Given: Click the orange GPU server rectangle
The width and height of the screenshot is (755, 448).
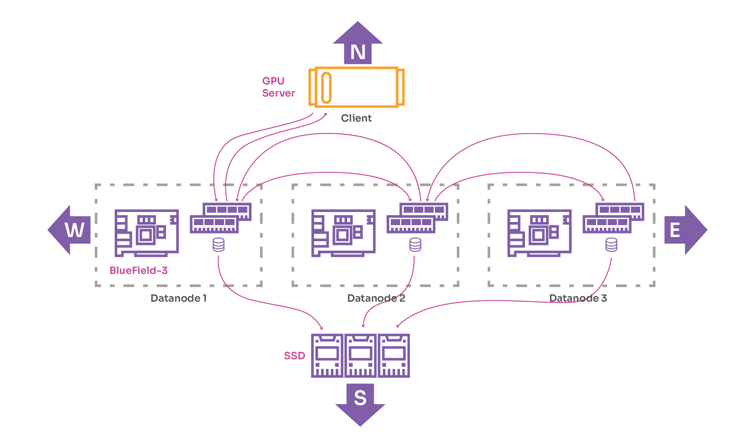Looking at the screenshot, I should pyautogui.click(x=356, y=87).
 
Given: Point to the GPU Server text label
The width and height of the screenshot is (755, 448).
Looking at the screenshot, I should pyautogui.click(x=278, y=87).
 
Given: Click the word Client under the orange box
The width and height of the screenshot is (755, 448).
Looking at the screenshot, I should pyautogui.click(x=356, y=118).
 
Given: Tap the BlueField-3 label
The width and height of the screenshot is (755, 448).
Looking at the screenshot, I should pyautogui.click(x=138, y=270).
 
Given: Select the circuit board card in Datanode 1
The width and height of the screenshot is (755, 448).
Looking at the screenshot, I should pyautogui.click(x=147, y=233).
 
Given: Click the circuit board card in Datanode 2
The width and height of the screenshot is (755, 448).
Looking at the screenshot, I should pyautogui.click(x=343, y=233).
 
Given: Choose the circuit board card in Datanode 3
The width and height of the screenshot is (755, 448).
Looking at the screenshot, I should pyautogui.click(x=539, y=233).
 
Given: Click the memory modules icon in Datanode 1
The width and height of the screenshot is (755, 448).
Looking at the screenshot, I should pyautogui.click(x=221, y=218).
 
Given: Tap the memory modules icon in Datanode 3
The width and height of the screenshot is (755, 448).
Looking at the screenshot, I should pyautogui.click(x=613, y=218).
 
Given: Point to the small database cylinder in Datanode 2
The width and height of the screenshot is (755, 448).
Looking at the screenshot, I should pyautogui.click(x=415, y=245).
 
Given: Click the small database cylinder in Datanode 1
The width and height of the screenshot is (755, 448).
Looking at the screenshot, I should pyautogui.click(x=219, y=245).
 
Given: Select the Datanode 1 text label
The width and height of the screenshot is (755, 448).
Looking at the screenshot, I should pyautogui.click(x=178, y=298).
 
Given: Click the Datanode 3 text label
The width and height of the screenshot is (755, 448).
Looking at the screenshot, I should pyautogui.click(x=578, y=298).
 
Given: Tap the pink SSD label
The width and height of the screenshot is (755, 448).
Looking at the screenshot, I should pyautogui.click(x=294, y=356).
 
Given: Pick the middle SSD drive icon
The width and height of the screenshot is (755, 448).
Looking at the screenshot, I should pyautogui.click(x=361, y=355).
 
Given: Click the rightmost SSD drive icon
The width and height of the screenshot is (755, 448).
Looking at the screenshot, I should pyautogui.click(x=394, y=355).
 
